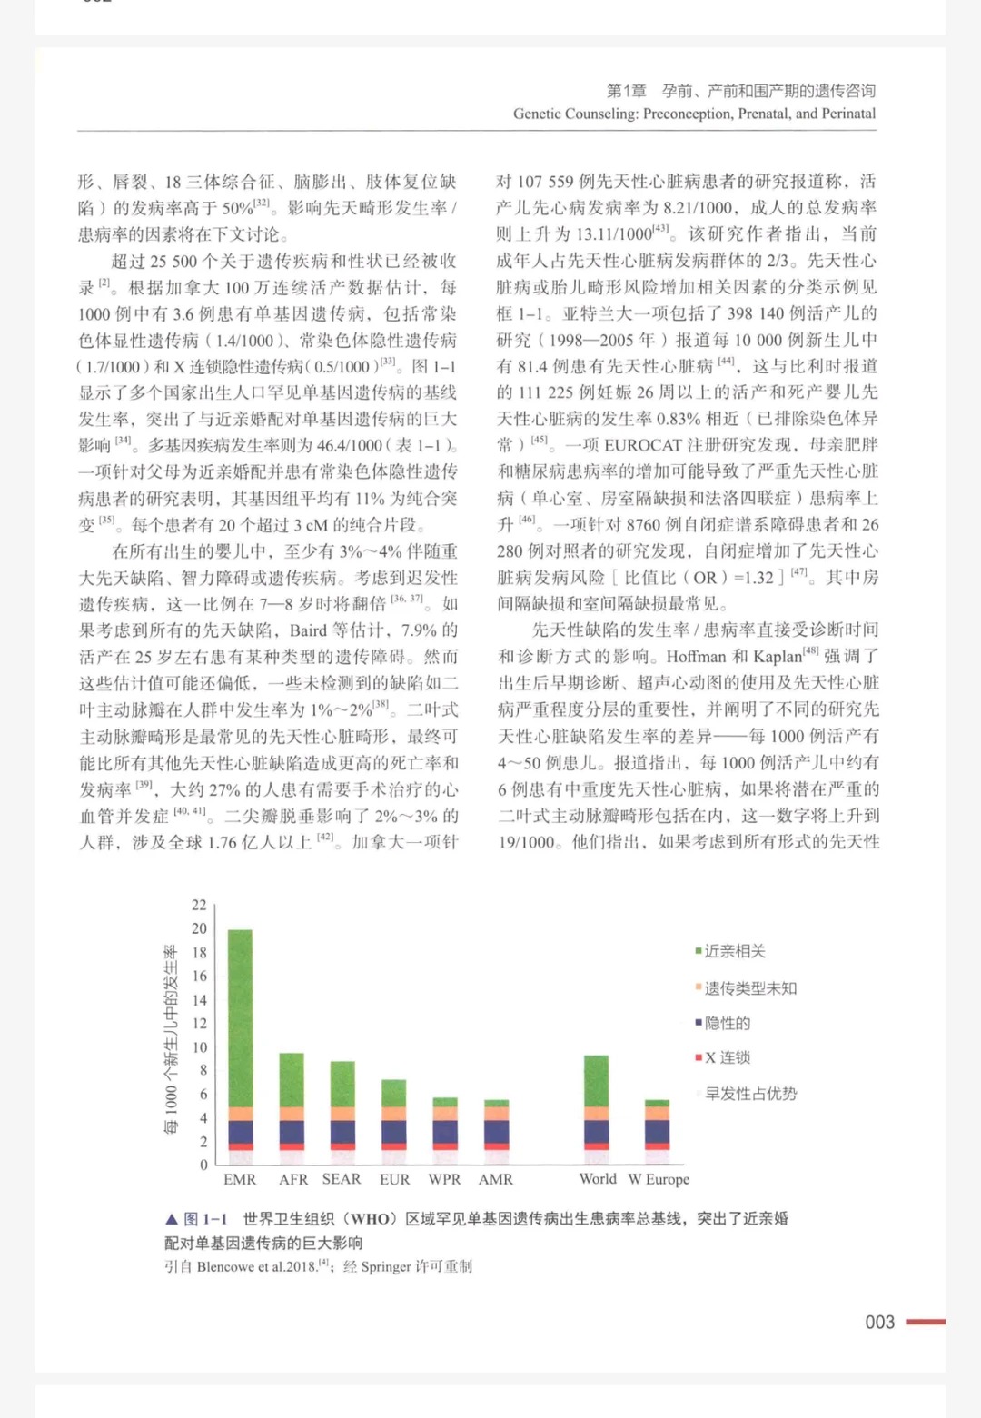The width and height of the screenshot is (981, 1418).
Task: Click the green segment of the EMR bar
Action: (240, 1017)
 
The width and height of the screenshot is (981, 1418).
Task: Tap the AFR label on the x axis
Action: (292, 1179)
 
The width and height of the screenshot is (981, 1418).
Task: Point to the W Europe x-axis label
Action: (659, 1179)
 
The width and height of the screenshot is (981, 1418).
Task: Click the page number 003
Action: (879, 1322)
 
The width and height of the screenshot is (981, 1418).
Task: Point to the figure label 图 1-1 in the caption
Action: (205, 1219)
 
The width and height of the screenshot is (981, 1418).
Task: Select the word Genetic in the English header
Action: (539, 114)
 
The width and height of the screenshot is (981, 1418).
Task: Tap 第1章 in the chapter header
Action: (626, 91)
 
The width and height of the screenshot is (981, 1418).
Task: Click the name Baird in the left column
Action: (308, 630)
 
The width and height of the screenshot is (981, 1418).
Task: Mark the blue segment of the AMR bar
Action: (496, 1132)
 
